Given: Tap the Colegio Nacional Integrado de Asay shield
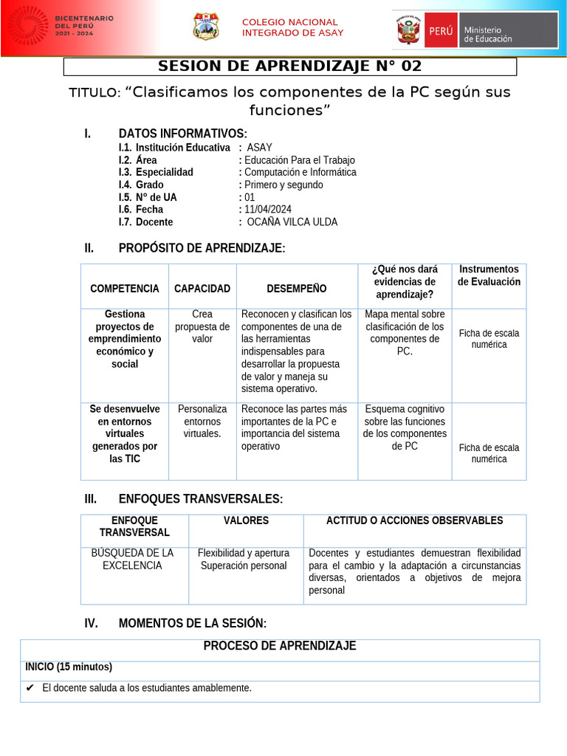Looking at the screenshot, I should [x=205, y=27].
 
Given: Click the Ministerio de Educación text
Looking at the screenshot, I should [x=487, y=35].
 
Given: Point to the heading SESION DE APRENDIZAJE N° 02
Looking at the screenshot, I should [x=290, y=66].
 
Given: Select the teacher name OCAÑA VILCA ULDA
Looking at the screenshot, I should [x=292, y=222].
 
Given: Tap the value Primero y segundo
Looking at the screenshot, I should [x=283, y=185].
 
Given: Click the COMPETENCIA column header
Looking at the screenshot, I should [x=124, y=289].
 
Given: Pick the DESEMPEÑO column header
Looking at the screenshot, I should [x=296, y=289].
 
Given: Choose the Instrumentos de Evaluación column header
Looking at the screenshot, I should [x=489, y=275].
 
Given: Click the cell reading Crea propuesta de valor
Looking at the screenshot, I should [x=202, y=326].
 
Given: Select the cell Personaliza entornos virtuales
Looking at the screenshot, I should [x=202, y=421].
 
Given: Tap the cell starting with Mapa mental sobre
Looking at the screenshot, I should [x=405, y=332].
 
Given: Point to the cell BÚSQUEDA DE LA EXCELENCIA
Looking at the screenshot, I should [x=132, y=559].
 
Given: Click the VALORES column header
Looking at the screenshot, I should [x=246, y=521].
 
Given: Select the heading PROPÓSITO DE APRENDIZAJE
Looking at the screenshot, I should [x=202, y=248].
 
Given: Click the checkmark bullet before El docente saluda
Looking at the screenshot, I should [x=30, y=688].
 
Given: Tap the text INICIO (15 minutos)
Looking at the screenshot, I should [x=69, y=667].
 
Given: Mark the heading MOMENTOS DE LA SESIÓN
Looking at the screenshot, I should [x=193, y=624].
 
